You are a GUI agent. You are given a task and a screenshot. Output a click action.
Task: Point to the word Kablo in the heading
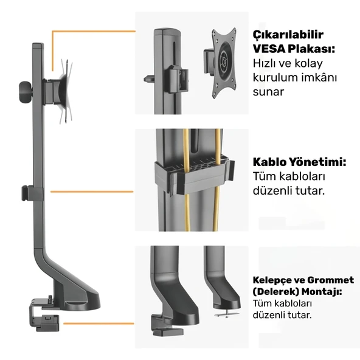pyautogui.click(x=268, y=162)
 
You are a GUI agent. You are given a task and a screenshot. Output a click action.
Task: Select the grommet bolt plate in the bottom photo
pyautogui.click(x=229, y=313)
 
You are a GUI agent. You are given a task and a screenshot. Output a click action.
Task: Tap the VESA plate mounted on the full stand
pyautogui.click(x=65, y=91)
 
